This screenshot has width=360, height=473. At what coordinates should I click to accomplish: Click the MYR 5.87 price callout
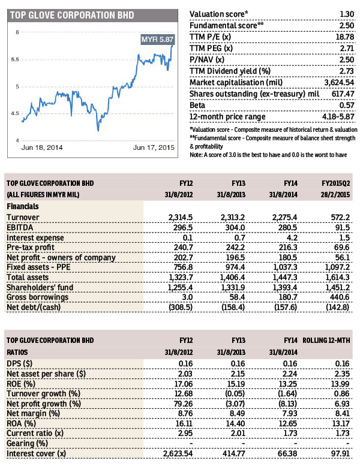coord(157,39)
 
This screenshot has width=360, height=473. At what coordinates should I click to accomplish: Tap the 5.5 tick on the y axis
coord(15,59)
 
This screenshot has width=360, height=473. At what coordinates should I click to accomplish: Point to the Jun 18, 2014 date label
coord(41,147)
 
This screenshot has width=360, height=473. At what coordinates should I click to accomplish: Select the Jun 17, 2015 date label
coord(154,147)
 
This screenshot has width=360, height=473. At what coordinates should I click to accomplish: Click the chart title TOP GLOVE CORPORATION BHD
coord(72,16)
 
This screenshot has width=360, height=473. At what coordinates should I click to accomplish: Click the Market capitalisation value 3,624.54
coord(339,82)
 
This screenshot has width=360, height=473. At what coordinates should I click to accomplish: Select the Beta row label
coord(197,105)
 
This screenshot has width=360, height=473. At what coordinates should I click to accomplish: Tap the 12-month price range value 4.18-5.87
coord(338,116)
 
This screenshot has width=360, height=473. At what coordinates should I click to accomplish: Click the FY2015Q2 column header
coord(335,183)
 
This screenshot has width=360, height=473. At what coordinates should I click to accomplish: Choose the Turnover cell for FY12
coord(181,218)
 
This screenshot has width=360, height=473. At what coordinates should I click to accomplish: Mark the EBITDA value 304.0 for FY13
coord(235,227)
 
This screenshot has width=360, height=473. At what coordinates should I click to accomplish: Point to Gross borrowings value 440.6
coord(340,297)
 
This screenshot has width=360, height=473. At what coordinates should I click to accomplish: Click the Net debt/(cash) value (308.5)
coord(181,307)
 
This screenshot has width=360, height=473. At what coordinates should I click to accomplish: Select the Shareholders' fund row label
coord(40,288)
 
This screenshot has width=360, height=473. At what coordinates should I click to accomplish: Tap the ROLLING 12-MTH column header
coord(326,341)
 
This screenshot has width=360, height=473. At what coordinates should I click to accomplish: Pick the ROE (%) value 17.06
coord(184,384)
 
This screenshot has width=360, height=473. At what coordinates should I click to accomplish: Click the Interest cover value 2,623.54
coord(178,453)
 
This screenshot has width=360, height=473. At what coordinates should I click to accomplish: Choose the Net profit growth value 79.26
coord(184,403)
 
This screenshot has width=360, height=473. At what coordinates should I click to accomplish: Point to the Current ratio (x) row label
coord(35,433)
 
